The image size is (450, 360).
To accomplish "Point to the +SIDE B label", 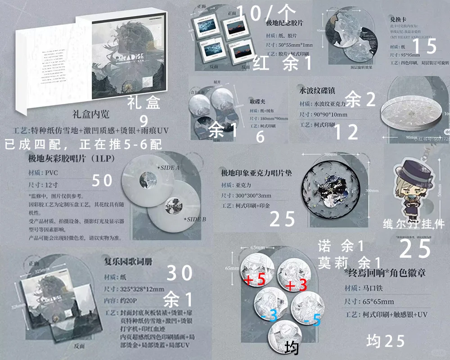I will (x=194, y=219).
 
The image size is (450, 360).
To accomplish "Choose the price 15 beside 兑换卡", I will (x=424, y=47).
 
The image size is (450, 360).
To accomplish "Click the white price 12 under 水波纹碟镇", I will (x=346, y=132).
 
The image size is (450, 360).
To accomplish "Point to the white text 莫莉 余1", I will (x=349, y=262).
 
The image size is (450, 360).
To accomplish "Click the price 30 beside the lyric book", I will (x=180, y=273).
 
